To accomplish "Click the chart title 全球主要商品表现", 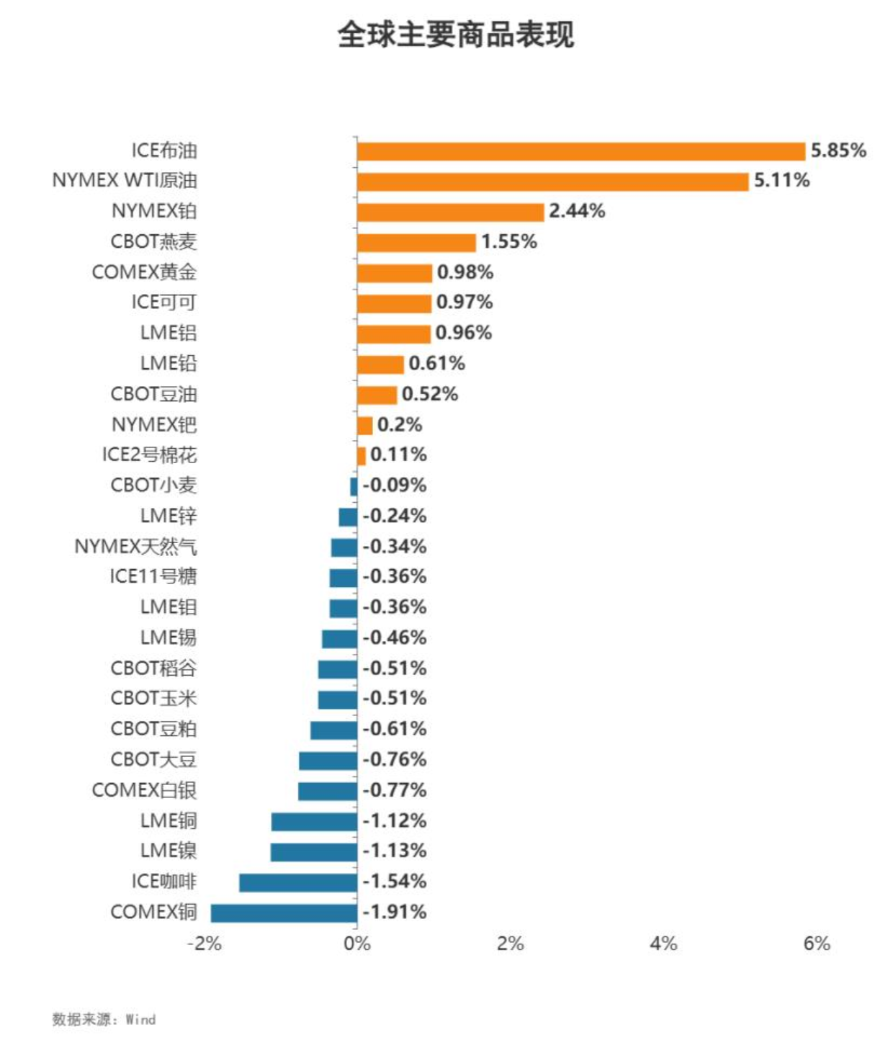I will pyautogui.click(x=455, y=34).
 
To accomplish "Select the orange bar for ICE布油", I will pyautogui.click(x=580, y=151).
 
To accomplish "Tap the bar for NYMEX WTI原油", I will pyautogui.click(x=552, y=182).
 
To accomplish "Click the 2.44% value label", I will pyautogui.click(x=577, y=211).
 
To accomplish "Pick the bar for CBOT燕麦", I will pyautogui.click(x=416, y=243).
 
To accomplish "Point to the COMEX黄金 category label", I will pyautogui.click(x=144, y=272).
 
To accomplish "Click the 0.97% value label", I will pyautogui.click(x=465, y=303).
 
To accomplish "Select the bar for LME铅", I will pyautogui.click(x=380, y=364).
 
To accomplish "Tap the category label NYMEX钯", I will pyautogui.click(x=154, y=425).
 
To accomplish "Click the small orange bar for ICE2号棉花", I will pyautogui.click(x=362, y=456).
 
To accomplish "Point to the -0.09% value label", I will pyautogui.click(x=395, y=485).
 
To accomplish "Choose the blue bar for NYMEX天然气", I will pyautogui.click(x=344, y=547).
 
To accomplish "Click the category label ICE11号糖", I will pyautogui.click(x=153, y=577).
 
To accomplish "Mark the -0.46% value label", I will pyautogui.click(x=395, y=638).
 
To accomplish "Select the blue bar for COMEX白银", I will pyautogui.click(x=328, y=791).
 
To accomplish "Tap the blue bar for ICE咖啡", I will pyautogui.click(x=298, y=882).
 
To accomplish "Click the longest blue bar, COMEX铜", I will pyautogui.click(x=284, y=913).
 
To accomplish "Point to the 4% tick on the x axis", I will pyautogui.click(x=663, y=944).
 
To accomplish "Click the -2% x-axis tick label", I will pyautogui.click(x=205, y=944).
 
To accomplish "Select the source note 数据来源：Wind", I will pyautogui.click(x=104, y=1019).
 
